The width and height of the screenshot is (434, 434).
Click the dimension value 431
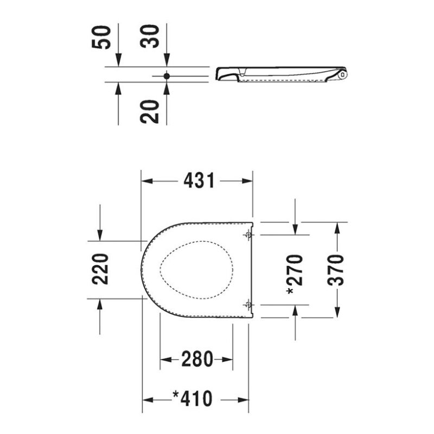pyautogui.click(x=199, y=181)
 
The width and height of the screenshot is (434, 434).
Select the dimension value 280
pyautogui.click(x=197, y=359)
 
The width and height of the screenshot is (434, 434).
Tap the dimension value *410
pyautogui.click(x=193, y=399)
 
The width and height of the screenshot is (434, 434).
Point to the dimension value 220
pyautogui.click(x=100, y=269)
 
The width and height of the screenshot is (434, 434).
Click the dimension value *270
pyautogui.click(x=295, y=275)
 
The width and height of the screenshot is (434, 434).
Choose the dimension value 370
pyautogui.click(x=335, y=270)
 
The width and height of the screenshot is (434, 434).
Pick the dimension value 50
pyautogui.click(x=101, y=37)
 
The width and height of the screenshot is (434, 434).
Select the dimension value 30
pyautogui.click(x=150, y=36)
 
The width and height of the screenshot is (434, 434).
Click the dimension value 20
pyautogui.click(x=150, y=112)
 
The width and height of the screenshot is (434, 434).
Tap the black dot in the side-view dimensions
pyautogui.click(x=167, y=76)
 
